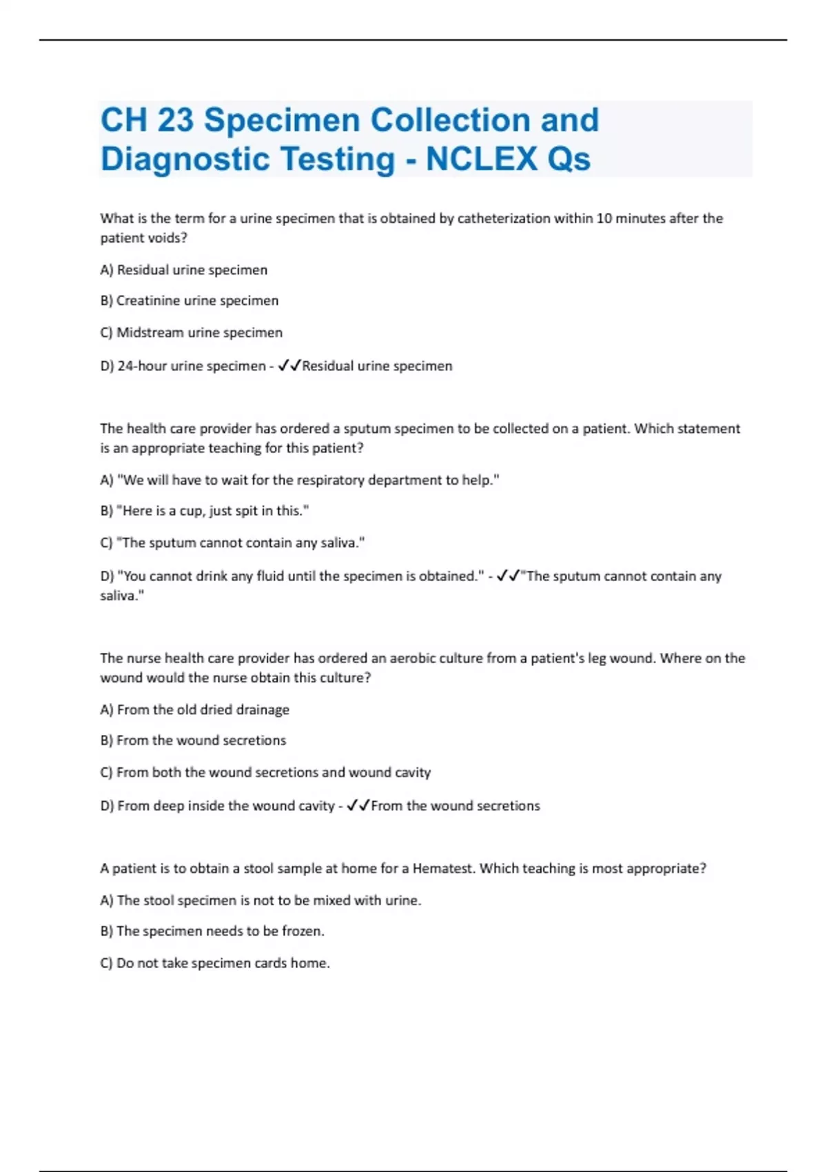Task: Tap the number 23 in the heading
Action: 175,120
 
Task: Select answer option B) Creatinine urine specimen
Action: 190,301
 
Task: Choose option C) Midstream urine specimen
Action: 191,332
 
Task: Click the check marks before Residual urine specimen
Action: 289,365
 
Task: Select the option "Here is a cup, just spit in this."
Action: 205,511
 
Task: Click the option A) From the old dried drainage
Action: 194,709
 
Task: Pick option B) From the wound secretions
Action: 193,740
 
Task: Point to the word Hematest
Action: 442,869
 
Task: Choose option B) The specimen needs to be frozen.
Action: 212,931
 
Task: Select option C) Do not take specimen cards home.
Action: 215,963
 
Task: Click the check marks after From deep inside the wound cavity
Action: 358,805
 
